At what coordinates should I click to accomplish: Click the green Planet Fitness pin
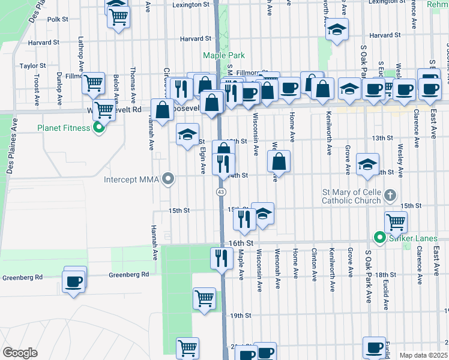pyautogui.click(x=100, y=128)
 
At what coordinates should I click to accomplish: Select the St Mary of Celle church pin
pyautogui.click(x=390, y=195)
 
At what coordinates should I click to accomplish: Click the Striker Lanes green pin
pyautogui.click(x=379, y=238)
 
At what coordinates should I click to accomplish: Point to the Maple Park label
pyautogui.click(x=223, y=55)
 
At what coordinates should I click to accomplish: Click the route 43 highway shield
pyautogui.click(x=221, y=191)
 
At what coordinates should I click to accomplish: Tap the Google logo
pyautogui.click(x=20, y=352)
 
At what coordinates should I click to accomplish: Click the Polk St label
pyautogui.click(x=58, y=19)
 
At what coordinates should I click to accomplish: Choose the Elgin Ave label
pyautogui.click(x=203, y=160)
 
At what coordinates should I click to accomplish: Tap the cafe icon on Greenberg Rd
pyautogui.click(x=74, y=281)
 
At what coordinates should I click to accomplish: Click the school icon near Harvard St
pyautogui.click(x=337, y=29)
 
